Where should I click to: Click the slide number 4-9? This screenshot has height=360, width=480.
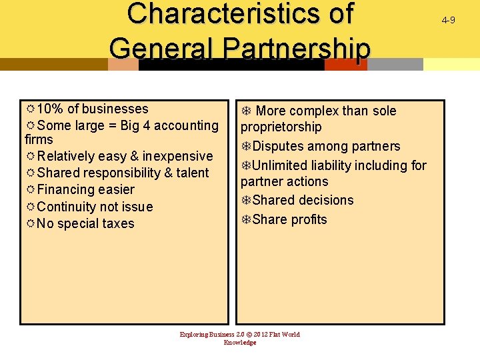click(448, 20)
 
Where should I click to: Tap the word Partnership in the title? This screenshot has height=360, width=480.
click(296, 49)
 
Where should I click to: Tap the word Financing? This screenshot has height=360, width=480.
click(67, 189)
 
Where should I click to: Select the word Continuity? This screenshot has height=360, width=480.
click(72, 207)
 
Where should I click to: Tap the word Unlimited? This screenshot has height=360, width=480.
click(279, 165)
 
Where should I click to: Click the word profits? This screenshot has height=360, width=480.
click(309, 219)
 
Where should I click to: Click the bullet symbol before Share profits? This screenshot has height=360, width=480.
click(246, 219)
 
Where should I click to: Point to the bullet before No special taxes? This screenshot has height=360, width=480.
click(30, 223)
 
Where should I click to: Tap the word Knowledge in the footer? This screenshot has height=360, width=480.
click(240, 343)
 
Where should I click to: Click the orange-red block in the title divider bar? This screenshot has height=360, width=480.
click(345, 65)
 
